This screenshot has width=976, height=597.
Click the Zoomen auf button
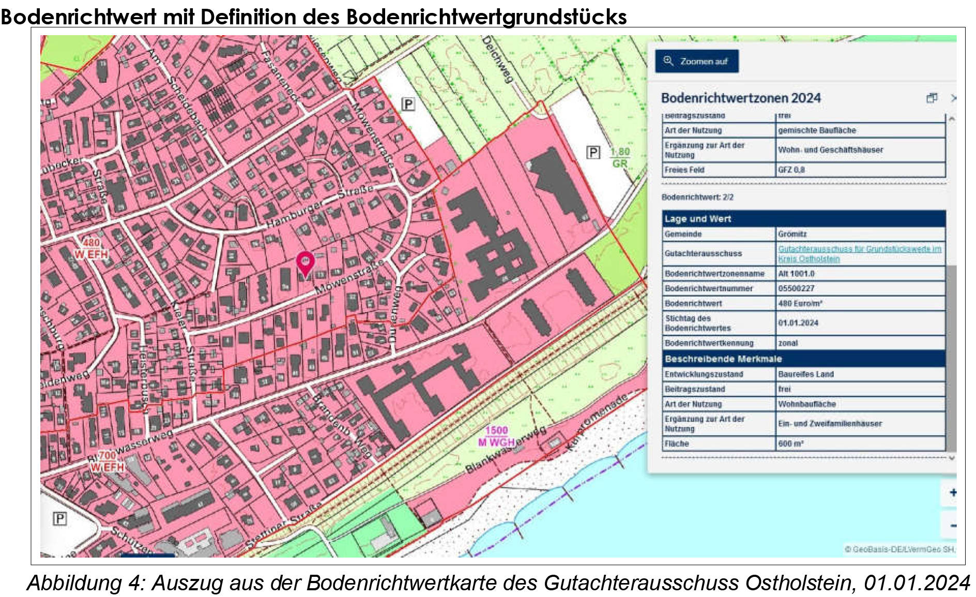coord(696,62)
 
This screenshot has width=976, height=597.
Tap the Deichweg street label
coord(497,59)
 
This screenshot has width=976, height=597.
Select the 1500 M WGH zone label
coord(496,436)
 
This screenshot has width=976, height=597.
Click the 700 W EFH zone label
coord(108,461)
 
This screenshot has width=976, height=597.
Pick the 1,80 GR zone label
coord(620,158)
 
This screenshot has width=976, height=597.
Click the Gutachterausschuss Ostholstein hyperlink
coord(859,253)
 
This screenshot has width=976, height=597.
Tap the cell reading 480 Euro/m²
coord(800,304)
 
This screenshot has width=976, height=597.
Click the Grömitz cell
coord(792,234)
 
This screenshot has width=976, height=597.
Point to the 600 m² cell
coord(791,444)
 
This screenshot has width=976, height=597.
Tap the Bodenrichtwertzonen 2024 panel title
coord(741,98)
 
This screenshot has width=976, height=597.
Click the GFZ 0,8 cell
coord(791,170)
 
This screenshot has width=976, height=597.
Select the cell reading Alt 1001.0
coord(796,274)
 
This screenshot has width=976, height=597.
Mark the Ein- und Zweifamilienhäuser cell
coord(830,424)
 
